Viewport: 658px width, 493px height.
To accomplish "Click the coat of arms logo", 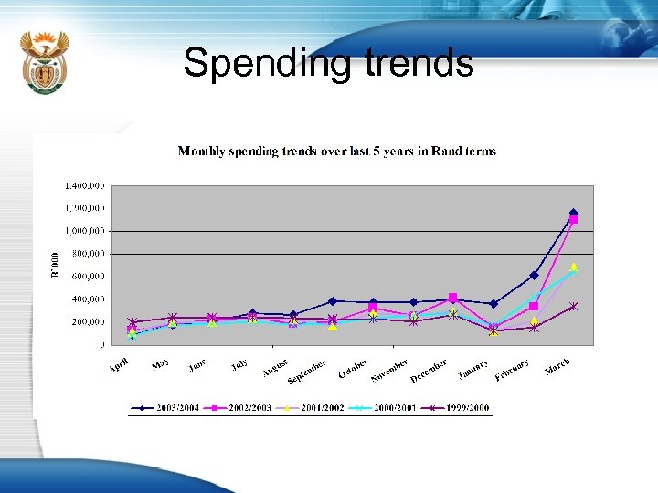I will (44, 61).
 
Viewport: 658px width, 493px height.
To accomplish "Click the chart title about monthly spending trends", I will (336, 151).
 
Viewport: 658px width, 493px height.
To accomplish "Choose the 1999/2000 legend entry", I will (461, 408).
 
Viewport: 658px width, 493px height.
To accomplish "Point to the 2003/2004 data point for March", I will (574, 214).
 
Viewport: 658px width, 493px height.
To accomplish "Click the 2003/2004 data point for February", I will (534, 275).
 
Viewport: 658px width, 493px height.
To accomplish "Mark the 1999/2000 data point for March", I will (574, 307).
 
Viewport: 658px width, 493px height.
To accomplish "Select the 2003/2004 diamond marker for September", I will (333, 301).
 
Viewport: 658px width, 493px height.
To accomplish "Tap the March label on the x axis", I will (557, 367).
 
